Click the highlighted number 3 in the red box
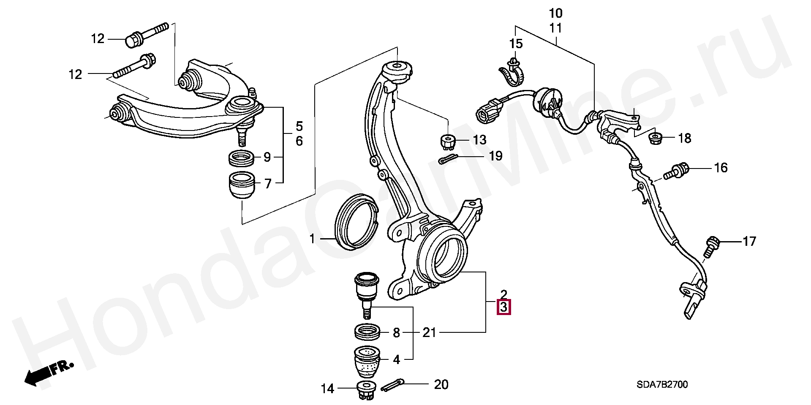pyautogui.click(x=504, y=307)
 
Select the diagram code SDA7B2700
pyautogui.click(x=662, y=385)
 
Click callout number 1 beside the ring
pyautogui.click(x=312, y=240)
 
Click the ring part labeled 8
pyautogui.click(x=366, y=332)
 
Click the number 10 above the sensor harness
pyautogui.click(x=556, y=13)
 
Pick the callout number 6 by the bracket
pyautogui.click(x=299, y=141)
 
